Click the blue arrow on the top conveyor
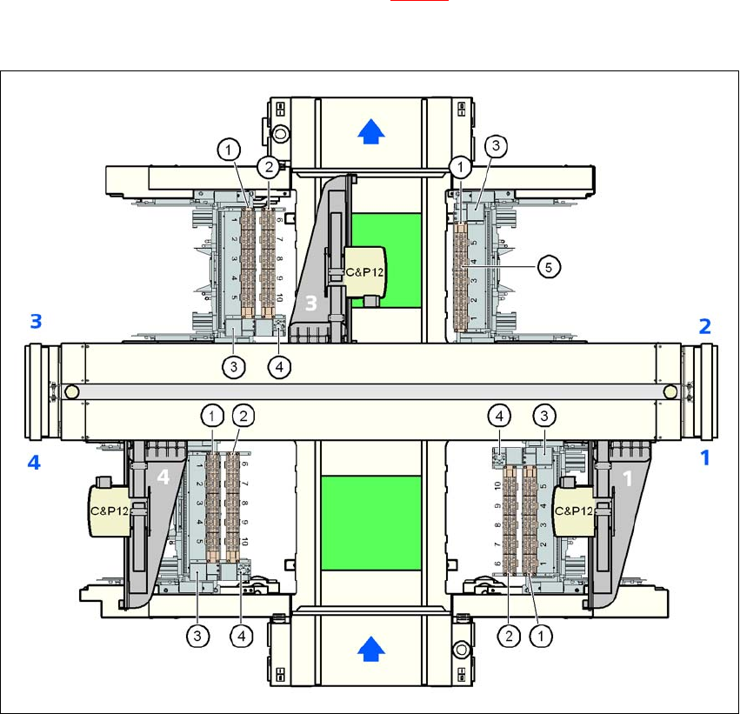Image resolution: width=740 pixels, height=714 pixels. (x=370, y=131)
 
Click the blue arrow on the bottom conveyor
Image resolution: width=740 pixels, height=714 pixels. (x=370, y=646)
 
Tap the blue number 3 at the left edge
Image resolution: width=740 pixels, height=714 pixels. (x=36, y=322)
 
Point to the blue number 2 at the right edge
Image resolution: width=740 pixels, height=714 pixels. (x=705, y=326)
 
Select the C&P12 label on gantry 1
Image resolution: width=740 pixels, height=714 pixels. (x=574, y=510)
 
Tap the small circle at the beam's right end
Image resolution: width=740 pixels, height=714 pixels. (x=670, y=392)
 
